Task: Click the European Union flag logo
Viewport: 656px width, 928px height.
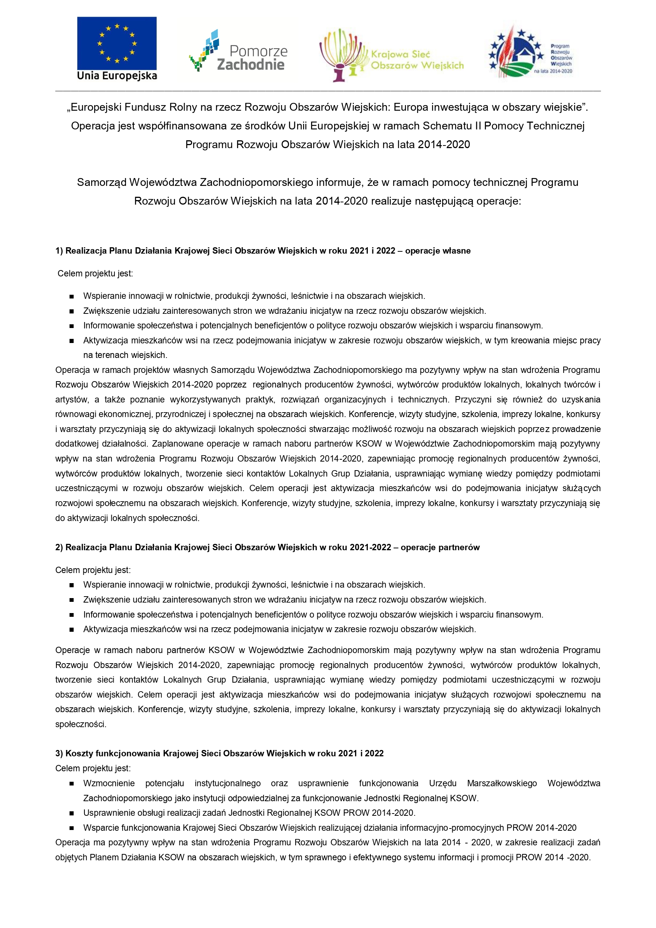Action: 117,43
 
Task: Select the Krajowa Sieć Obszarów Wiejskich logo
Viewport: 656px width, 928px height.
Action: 391,56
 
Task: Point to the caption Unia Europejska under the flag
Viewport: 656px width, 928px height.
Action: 117,76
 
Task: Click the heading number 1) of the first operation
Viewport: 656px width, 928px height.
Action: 59,251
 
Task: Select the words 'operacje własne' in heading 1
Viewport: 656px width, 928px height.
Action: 437,251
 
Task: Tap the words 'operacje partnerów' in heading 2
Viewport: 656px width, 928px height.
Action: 440,547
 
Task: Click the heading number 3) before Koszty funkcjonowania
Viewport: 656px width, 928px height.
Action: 59,753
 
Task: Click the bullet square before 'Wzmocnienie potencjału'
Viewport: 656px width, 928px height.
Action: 71,783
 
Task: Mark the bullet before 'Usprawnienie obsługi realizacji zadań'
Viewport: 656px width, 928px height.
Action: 71,813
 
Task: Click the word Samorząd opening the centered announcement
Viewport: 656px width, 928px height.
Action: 101,182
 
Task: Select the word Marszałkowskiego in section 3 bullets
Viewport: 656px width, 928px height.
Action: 502,783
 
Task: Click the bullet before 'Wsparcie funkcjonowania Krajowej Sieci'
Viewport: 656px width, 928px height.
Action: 71,828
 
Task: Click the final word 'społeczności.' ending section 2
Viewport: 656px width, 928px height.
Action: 81,724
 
